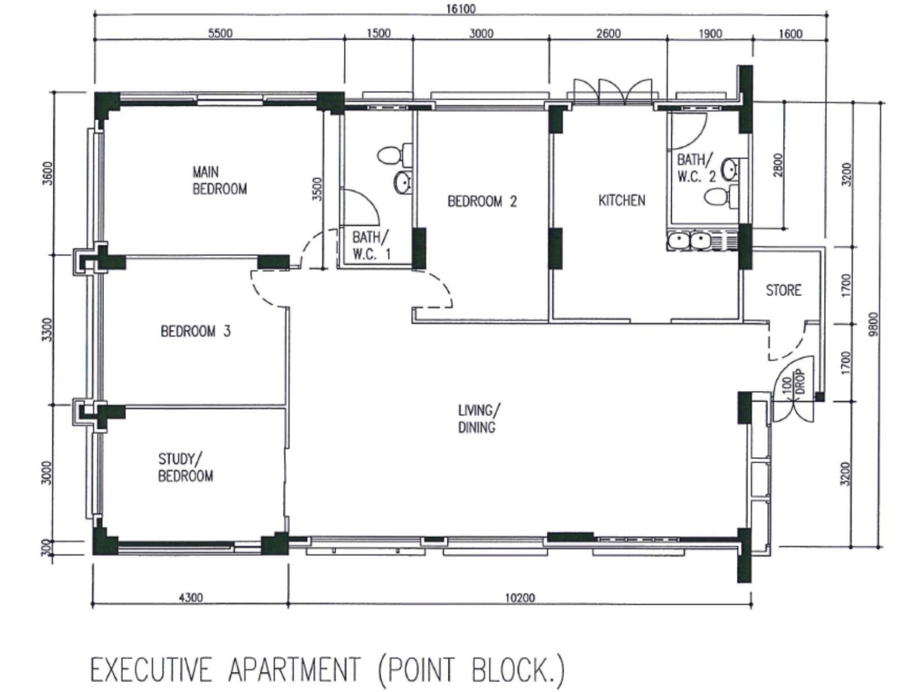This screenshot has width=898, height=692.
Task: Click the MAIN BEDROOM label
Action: pos(219,180)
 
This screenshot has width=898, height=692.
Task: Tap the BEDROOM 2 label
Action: pos(482,201)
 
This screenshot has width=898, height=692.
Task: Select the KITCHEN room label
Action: pos(621,200)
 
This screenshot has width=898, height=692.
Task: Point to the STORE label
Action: pos(783,290)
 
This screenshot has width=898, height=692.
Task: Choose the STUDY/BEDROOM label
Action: pos(185,468)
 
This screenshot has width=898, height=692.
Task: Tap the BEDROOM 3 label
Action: pos(195,331)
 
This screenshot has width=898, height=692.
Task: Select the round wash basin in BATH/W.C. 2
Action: pos(730,169)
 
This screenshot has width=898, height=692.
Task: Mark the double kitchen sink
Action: pos(689,242)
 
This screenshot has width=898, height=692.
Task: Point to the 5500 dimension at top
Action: pos(220,33)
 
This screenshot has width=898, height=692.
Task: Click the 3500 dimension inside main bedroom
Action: pos(318,189)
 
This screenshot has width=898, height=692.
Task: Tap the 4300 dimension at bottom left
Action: pos(190,598)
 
